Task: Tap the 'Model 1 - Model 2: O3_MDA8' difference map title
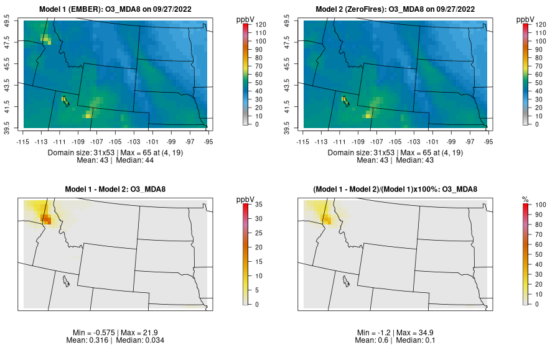pyautogui.click(x=118, y=189)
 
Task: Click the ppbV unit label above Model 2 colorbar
pyautogui.click(x=526, y=19)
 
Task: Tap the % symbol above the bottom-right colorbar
pyautogui.click(x=525, y=199)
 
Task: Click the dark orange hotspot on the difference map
pyautogui.click(x=46, y=218)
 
